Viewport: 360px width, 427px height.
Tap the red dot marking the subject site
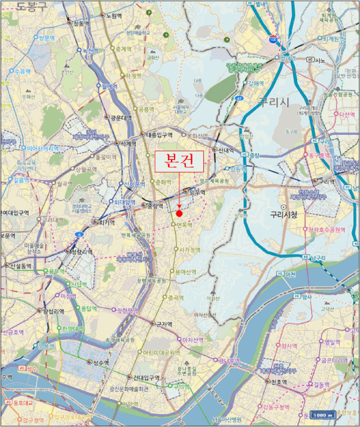(x=179, y=213)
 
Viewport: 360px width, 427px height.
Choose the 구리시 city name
(x=273, y=101)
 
